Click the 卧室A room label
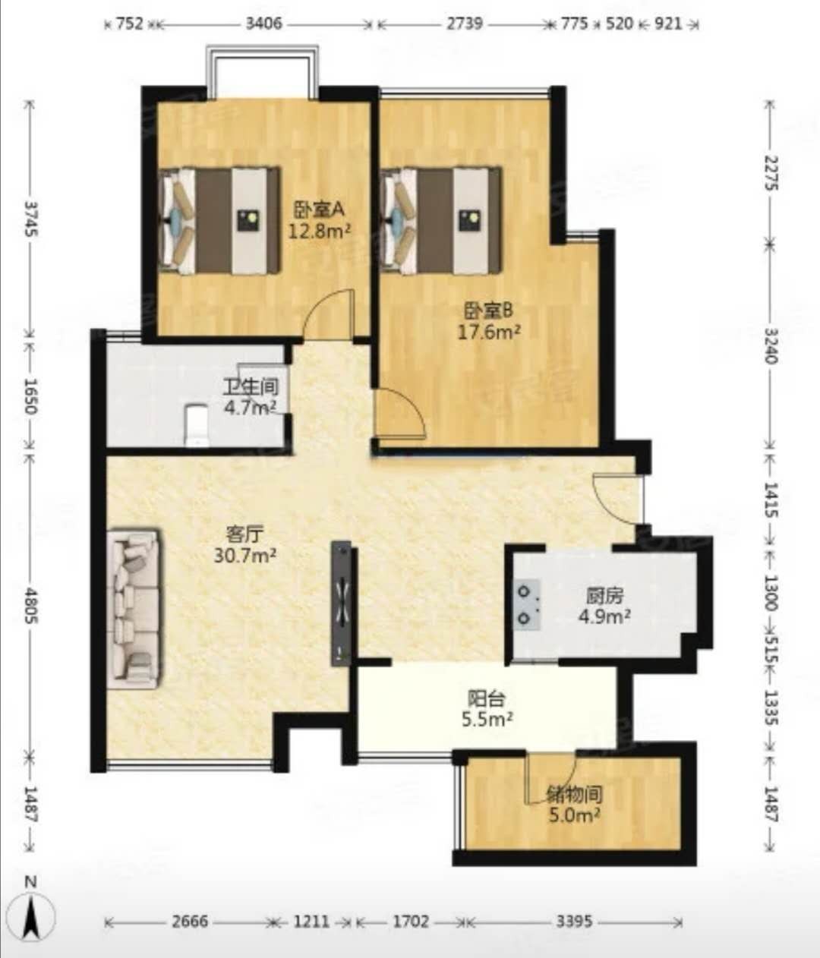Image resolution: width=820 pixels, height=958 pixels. pos(318,210)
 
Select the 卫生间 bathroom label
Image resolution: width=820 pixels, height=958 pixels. pos(251,387)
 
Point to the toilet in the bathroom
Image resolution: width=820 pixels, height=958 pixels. pos(197,425)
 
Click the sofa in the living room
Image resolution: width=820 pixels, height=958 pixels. pos(134,608)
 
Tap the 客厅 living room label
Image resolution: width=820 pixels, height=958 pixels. pos(244,534)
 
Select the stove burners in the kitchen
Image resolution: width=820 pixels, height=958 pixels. pos(527,605)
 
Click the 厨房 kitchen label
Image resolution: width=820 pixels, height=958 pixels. pos(604,596)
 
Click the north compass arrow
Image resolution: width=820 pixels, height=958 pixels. pos(32,915)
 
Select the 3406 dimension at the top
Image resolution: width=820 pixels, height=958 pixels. pos(263,24)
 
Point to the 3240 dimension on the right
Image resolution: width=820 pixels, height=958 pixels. pos(770,345)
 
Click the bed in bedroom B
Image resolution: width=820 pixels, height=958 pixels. pos(441,221)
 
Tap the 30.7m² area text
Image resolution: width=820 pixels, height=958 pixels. pos(245,555)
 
